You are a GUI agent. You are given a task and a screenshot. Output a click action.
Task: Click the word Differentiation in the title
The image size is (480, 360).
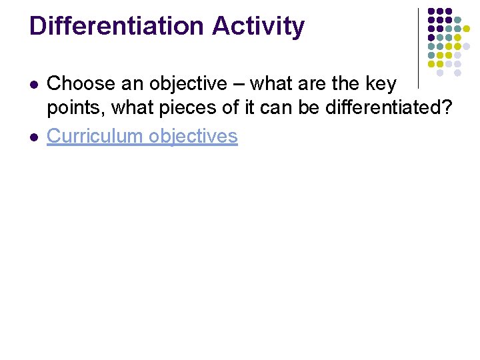pyautogui.click(x=117, y=26)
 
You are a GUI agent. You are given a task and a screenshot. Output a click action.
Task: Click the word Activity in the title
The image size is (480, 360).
pyautogui.click(x=258, y=26)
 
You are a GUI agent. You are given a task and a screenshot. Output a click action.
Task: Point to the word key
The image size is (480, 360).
pyautogui.click(x=381, y=84)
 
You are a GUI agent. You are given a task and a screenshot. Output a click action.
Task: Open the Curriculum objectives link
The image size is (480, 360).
pyautogui.click(x=142, y=136)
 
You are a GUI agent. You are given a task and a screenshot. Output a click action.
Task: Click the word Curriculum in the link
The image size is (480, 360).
pyautogui.click(x=95, y=136)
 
